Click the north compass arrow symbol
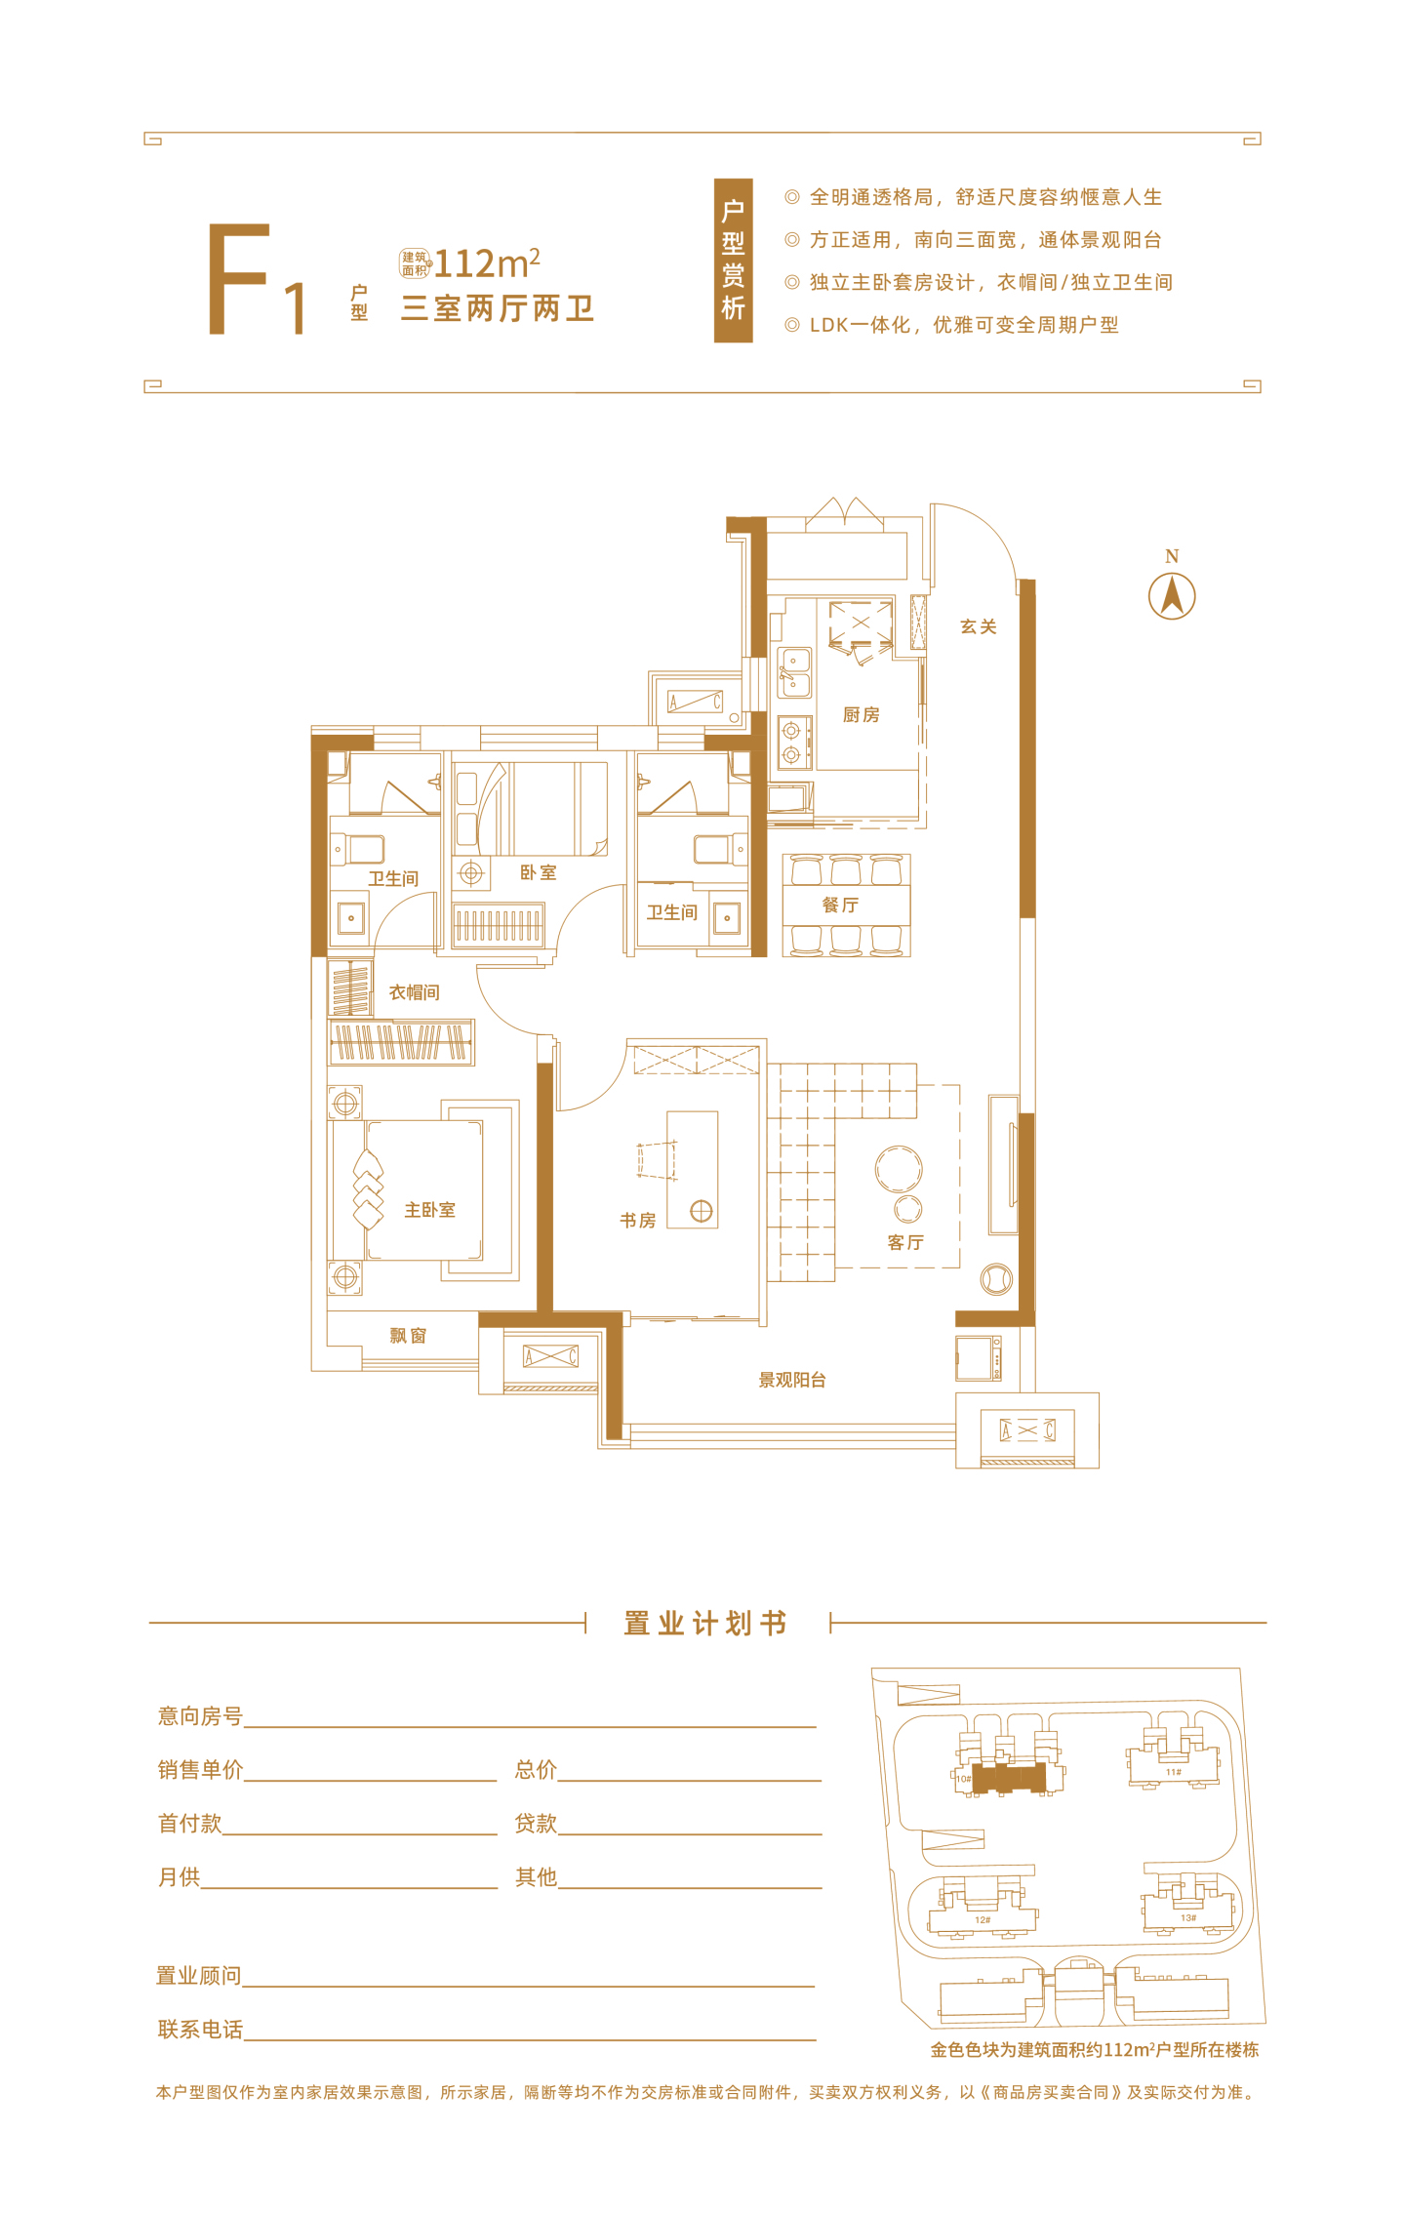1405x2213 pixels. coord(1172,595)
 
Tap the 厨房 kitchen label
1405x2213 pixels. coord(861,715)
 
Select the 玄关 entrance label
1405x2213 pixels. coord(978,626)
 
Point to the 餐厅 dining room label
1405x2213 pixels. coord(840,905)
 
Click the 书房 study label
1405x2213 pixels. coord(638,1220)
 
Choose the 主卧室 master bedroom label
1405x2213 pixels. coord(430,1210)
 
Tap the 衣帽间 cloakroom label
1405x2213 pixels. coord(415,992)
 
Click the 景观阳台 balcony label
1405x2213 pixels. coord(792,1380)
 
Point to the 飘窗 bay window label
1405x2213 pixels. coord(408,1336)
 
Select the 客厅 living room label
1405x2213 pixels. coord(905,1242)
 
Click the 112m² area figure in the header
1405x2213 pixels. coord(487,262)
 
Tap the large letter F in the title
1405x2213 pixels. coord(238,279)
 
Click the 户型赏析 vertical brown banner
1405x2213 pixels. coord(733,261)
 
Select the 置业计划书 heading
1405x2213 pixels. coord(705,1624)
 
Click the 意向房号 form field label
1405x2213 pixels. coord(200,1716)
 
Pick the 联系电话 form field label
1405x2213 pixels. coord(200,2030)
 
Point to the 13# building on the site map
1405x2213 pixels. coord(1188,1904)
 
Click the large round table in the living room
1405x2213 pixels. coord(899,1169)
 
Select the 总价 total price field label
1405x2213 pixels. coord(536,1770)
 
